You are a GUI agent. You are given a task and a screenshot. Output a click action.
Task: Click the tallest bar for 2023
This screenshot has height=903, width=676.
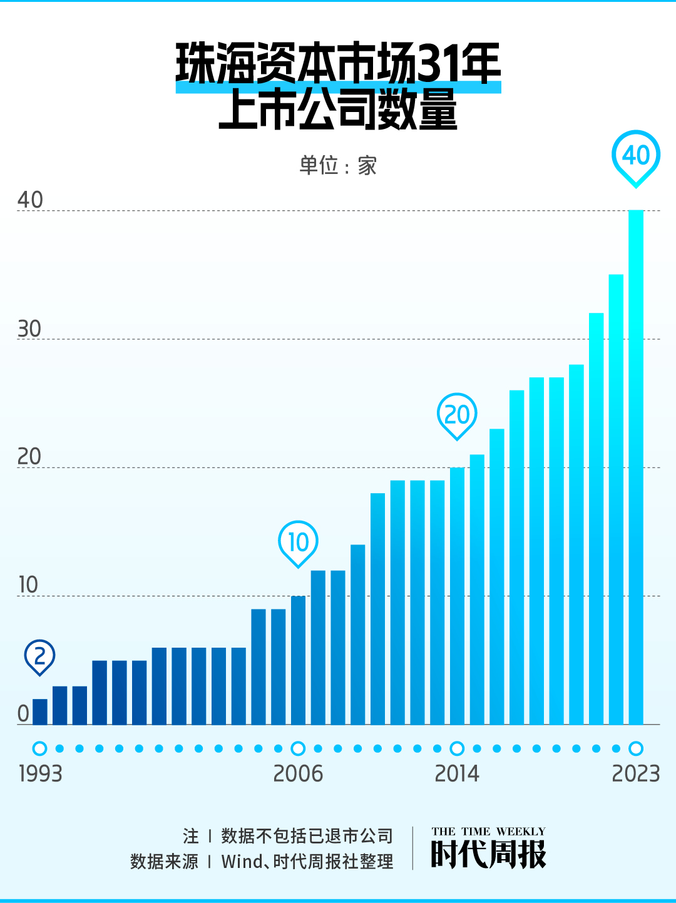[636, 467]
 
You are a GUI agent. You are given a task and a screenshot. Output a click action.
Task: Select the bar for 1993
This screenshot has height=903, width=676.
[40, 712]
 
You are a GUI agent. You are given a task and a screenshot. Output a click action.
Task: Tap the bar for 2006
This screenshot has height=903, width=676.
[299, 660]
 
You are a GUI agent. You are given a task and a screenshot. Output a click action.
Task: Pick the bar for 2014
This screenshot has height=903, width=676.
[458, 596]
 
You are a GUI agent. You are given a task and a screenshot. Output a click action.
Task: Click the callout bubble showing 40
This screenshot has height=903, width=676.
[636, 156]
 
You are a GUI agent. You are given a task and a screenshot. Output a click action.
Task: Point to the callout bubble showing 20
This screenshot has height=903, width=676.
[457, 414]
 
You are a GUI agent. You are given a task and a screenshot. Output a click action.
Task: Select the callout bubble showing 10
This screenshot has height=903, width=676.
[298, 542]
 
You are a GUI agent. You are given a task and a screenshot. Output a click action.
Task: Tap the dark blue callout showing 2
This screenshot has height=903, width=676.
[40, 656]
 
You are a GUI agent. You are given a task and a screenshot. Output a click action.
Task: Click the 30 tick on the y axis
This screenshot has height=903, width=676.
[29, 329]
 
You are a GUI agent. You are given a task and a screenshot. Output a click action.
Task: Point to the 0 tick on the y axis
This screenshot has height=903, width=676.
[24, 713]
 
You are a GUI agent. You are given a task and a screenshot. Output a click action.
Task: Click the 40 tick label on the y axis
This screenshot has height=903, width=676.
[30, 200]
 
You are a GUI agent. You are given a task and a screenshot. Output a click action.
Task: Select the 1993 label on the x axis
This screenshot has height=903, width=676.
[41, 774]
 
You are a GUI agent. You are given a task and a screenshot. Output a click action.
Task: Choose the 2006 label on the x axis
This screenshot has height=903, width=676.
[298, 774]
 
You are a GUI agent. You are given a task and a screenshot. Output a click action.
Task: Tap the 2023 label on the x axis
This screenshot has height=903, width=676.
[636, 774]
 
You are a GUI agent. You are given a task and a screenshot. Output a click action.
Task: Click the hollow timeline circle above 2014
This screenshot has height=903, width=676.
[458, 748]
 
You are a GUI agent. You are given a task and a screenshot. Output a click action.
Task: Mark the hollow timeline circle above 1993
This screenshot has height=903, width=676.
[40, 748]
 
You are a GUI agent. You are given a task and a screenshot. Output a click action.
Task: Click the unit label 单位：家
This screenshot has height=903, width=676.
[338, 166]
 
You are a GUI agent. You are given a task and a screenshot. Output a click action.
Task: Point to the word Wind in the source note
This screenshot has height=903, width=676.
[242, 862]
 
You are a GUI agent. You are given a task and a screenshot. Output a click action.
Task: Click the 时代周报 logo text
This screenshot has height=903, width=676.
[488, 854]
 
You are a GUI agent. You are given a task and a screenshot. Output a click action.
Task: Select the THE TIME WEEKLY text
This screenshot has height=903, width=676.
[488, 832]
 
